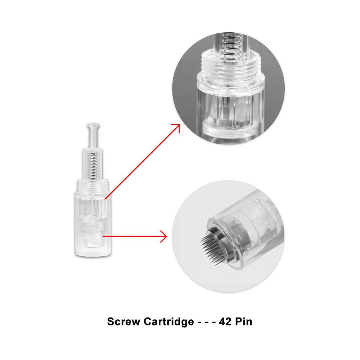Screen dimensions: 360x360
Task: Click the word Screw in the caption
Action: (x=123, y=321)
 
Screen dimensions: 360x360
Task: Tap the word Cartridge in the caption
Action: (x=169, y=322)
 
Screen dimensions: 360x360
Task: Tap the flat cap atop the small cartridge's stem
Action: (x=93, y=126)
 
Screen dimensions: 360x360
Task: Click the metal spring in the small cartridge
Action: (x=94, y=165)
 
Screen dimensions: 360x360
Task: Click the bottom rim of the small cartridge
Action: (x=93, y=255)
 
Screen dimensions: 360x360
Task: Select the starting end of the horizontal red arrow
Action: (x=103, y=236)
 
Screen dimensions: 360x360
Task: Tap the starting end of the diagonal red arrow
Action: (x=105, y=199)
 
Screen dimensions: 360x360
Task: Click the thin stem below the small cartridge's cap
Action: (x=94, y=138)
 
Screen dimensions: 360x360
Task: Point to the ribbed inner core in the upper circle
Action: (x=230, y=110)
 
